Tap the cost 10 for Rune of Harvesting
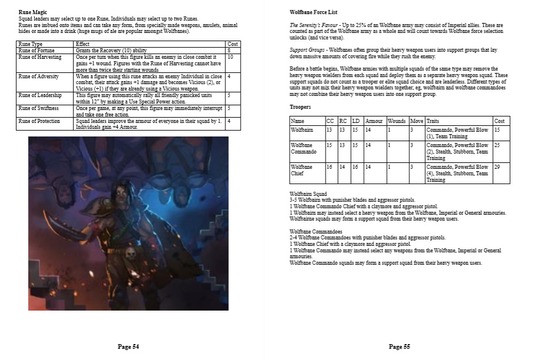point(230,57)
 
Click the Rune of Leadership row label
point(39,95)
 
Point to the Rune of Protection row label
point(39,121)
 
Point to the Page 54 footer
point(128,347)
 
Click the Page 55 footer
point(399,347)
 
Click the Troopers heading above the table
point(301,107)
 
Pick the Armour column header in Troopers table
point(373,121)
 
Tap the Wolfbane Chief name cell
point(302,170)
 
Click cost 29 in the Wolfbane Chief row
point(498,167)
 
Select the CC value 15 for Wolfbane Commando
point(329,145)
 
